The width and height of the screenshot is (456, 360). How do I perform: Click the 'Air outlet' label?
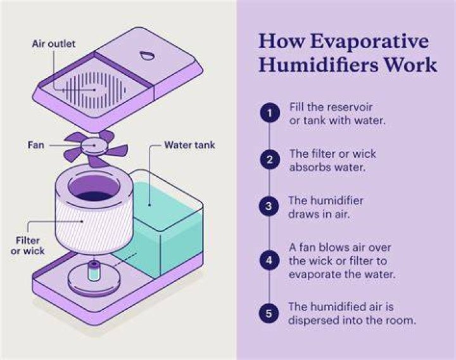click(53, 44)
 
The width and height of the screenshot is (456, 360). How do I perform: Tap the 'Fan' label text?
click(35, 145)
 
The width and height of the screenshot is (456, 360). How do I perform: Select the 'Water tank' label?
click(189, 145)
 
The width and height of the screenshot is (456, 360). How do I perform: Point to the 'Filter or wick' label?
click(28, 246)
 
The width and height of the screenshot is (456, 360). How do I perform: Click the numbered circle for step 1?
click(270, 113)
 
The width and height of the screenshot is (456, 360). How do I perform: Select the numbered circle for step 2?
click(270, 160)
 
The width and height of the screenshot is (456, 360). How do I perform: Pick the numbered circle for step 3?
click(269, 206)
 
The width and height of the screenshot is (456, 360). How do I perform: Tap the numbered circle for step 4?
click(269, 260)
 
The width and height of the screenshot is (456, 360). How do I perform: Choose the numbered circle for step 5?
click(269, 314)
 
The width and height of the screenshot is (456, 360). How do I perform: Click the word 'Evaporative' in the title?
click(369, 42)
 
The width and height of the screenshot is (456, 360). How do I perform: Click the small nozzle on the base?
click(93, 271)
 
